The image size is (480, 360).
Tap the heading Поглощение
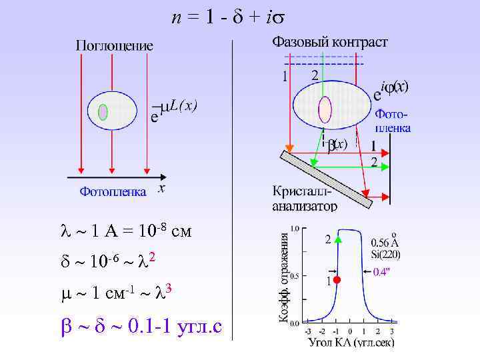click(x=114, y=46)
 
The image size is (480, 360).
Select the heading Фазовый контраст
click(x=329, y=43)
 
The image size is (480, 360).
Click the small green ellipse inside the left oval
click(x=103, y=111)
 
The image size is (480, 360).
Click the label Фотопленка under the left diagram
click(x=113, y=192)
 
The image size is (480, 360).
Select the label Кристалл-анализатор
click(x=304, y=199)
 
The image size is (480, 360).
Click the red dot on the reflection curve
click(x=337, y=280)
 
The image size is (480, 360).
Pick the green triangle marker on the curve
click(x=338, y=239)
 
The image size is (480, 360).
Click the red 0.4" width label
click(x=382, y=271)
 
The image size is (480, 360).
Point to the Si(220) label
click(x=386, y=253)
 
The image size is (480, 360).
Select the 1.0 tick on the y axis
click(x=294, y=227)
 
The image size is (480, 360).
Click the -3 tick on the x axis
click(x=307, y=331)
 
